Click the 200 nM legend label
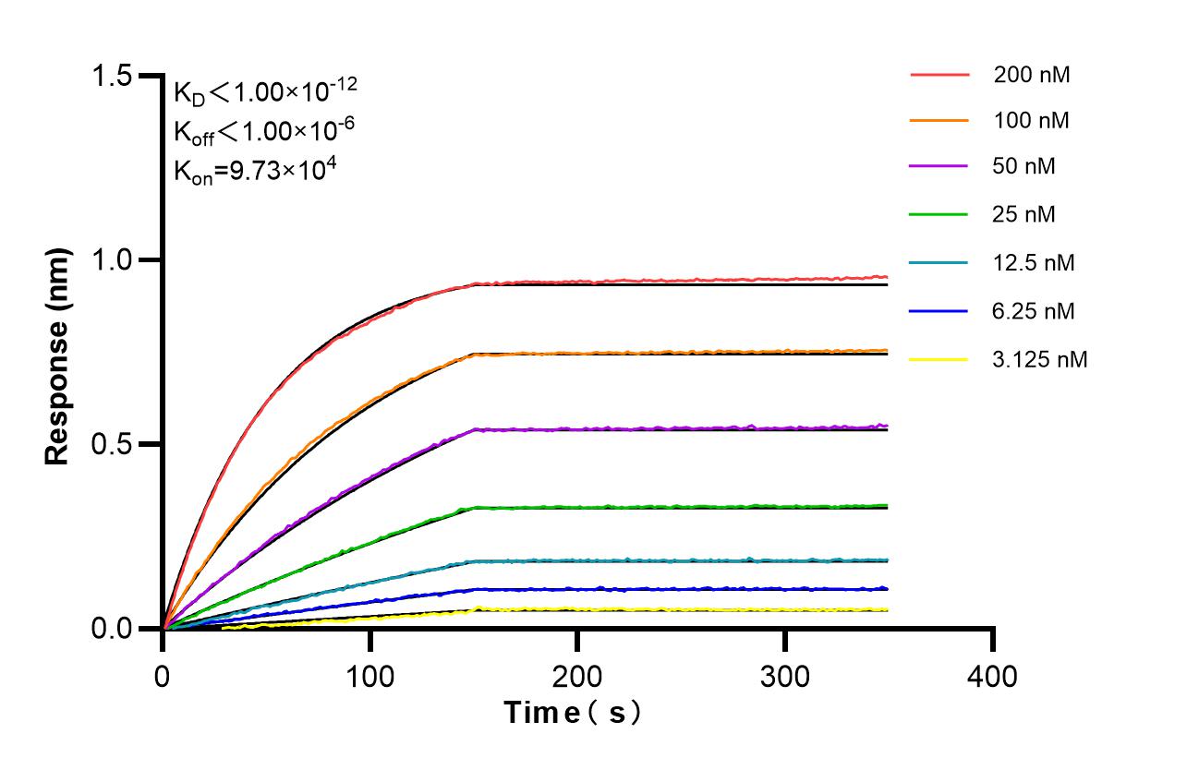pos(1031,75)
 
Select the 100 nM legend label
pos(1031,120)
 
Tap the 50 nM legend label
pos(1023,167)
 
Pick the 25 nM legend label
pos(1023,215)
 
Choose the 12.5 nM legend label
pos(1034,263)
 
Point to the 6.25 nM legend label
pos(1034,311)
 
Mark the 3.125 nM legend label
pos(1040,359)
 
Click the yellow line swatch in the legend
pos(939,359)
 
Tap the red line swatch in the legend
pos(939,74)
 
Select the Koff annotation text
pos(260,131)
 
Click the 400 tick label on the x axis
pos(992,677)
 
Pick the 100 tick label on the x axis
pos(370,677)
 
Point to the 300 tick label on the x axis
pos(785,677)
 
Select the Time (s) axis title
pos(573,713)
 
